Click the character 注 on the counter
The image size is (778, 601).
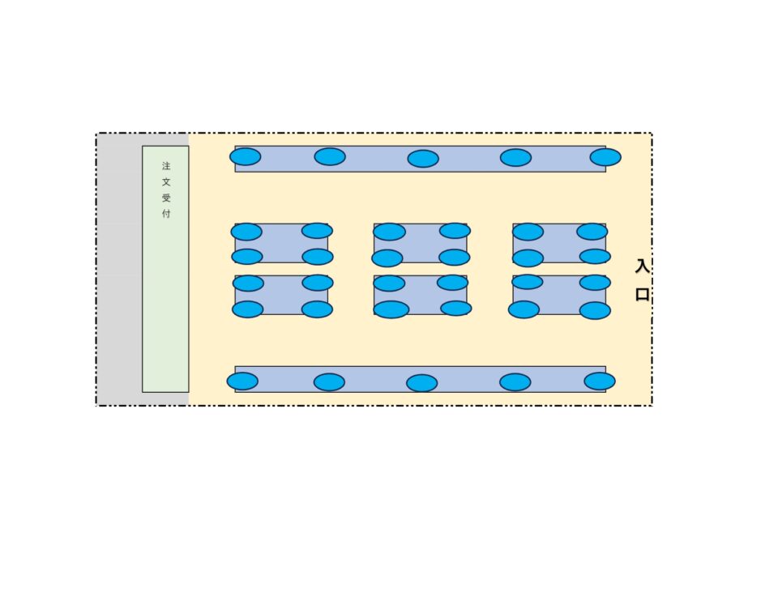166,165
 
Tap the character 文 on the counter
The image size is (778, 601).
166,182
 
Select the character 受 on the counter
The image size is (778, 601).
166,198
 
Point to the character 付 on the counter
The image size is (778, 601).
166,214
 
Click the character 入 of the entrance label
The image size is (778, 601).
642,266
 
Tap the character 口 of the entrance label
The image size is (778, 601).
643,295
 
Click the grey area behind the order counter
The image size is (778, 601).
119,269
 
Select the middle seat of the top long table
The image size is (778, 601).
423,159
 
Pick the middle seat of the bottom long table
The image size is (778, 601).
421,383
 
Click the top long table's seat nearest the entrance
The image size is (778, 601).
605,157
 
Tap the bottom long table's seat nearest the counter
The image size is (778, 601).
242,381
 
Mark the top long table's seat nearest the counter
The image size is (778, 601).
245,156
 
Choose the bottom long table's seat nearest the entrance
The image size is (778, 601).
600,381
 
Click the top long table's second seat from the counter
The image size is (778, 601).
330,156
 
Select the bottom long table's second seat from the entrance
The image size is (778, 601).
515,382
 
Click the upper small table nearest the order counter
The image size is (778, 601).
281,243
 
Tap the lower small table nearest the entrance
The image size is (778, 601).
559,295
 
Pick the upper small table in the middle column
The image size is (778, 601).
421,243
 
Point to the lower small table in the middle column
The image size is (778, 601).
421,295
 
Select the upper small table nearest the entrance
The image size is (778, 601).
559,243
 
